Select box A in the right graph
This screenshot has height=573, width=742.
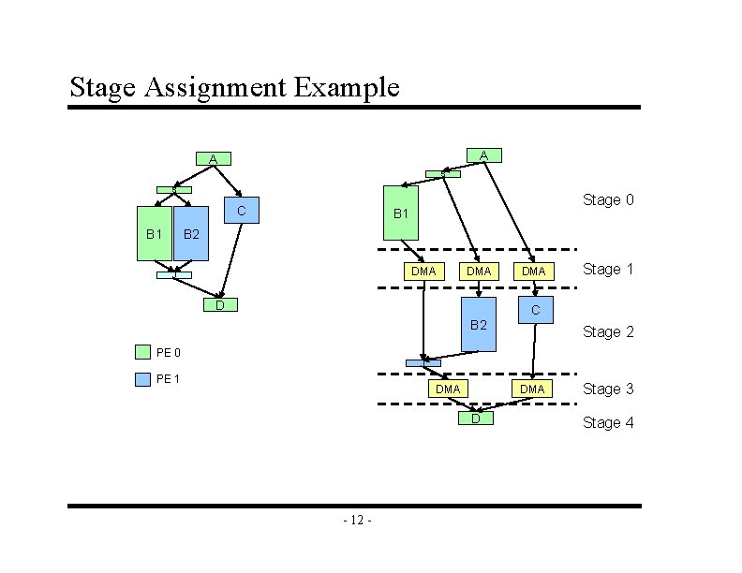tap(482, 154)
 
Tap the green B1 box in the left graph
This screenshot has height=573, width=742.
tap(155, 232)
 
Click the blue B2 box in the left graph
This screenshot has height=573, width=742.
tap(191, 232)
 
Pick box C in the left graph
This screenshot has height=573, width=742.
tap(241, 212)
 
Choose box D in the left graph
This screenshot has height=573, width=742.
tap(220, 305)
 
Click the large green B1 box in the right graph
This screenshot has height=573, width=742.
tap(401, 214)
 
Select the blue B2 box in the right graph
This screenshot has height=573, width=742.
tap(479, 325)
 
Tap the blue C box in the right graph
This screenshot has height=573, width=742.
tap(535, 310)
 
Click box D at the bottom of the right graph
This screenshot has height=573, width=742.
tap(475, 418)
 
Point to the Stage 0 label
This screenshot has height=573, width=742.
tap(608, 199)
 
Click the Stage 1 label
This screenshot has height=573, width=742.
tap(608, 270)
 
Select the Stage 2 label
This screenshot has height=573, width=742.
tap(608, 331)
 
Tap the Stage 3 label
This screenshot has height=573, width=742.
tap(608, 389)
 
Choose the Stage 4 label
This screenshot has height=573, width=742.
tap(608, 422)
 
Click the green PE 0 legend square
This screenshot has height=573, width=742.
tap(142, 352)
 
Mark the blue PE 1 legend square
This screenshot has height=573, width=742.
tap(142, 379)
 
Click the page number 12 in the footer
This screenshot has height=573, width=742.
tap(358, 520)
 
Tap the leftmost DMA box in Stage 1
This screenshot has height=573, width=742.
tap(423, 271)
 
